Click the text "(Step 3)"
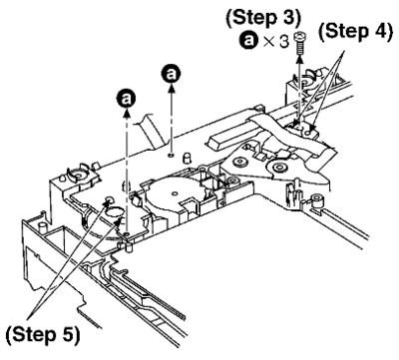pyautogui.click(x=263, y=18)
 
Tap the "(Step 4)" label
pyautogui.click(x=355, y=33)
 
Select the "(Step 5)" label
pyautogui.click(x=43, y=334)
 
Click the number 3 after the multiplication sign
pyautogui.click(x=284, y=42)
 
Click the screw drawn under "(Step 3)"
pyautogui.click(x=300, y=43)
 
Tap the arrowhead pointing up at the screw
pyautogui.click(x=300, y=59)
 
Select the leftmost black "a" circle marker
pyautogui.click(x=126, y=99)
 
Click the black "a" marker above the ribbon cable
pyautogui.click(x=171, y=74)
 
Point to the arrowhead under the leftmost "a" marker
pyautogui.click(x=126, y=112)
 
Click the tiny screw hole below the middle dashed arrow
pyautogui.click(x=171, y=155)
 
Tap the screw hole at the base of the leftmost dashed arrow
pyautogui.click(x=127, y=235)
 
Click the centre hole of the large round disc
pyautogui.click(x=176, y=193)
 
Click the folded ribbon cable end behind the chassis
pyautogui.click(x=153, y=131)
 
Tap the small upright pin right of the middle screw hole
pyautogui.click(x=188, y=158)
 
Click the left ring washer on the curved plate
pyautogui.click(x=239, y=163)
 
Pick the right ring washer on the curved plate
pyautogui.click(x=278, y=167)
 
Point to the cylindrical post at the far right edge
pyautogui.click(x=317, y=200)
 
